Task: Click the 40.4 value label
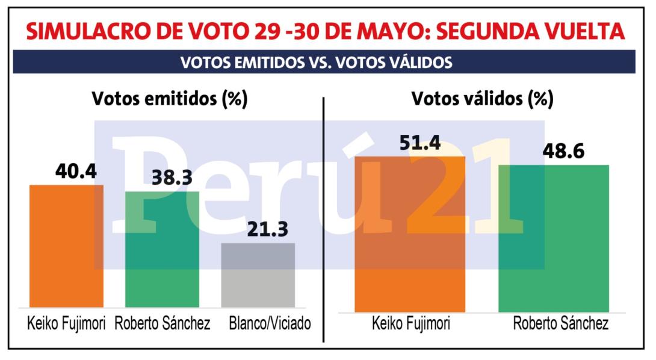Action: click(76, 171)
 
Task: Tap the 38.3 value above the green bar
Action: click(172, 178)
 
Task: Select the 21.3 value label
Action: click(268, 229)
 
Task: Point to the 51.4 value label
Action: click(420, 143)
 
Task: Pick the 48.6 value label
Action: click(563, 151)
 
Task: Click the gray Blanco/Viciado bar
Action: click(258, 276)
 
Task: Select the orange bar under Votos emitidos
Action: click(67, 246)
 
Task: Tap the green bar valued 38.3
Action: click(162, 249)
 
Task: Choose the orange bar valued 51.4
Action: click(410, 234)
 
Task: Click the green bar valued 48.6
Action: click(554, 238)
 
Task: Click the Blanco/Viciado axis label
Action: click(270, 324)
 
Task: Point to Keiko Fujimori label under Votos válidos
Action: click(411, 324)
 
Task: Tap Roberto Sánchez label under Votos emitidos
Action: click(162, 324)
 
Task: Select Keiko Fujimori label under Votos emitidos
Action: click(67, 324)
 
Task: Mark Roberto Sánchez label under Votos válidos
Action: click(561, 324)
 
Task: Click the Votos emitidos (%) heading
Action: click(170, 99)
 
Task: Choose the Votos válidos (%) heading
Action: click(483, 99)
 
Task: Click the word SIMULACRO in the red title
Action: click(87, 31)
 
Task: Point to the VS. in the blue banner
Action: click(320, 63)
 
